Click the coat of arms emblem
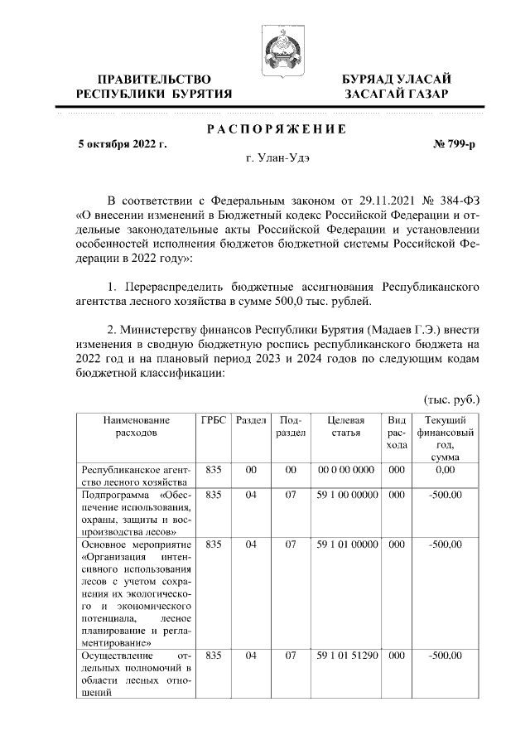coord(277,49)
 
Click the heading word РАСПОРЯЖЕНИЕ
coord(276,128)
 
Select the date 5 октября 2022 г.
coord(122,144)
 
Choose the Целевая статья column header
coord(347,427)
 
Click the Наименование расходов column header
coord(136,427)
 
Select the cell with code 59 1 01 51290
coord(347,656)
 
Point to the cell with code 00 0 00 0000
coord(347,470)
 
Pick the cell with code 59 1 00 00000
coord(347,495)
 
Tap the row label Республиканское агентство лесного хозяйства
coord(136,476)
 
